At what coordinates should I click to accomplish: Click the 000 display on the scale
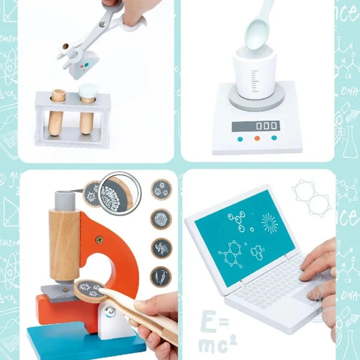tap(256, 126)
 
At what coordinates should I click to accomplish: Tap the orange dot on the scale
tap(257, 138)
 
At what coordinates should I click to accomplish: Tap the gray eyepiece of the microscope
tap(63, 199)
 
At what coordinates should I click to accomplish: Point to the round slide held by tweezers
tap(89, 290)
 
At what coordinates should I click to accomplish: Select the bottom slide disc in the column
tap(161, 277)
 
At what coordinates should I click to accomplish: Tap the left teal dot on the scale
tap(240, 139)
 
